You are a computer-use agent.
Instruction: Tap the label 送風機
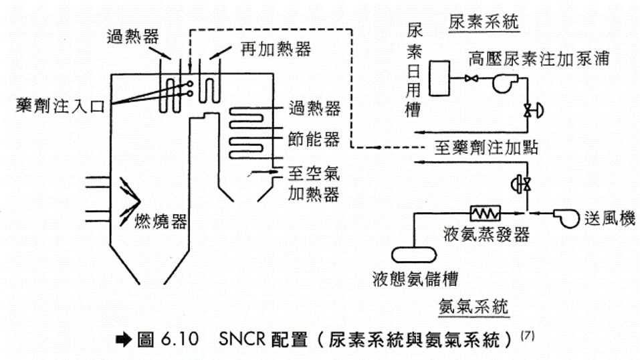tap(609, 218)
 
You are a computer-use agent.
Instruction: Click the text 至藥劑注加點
tap(488, 148)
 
